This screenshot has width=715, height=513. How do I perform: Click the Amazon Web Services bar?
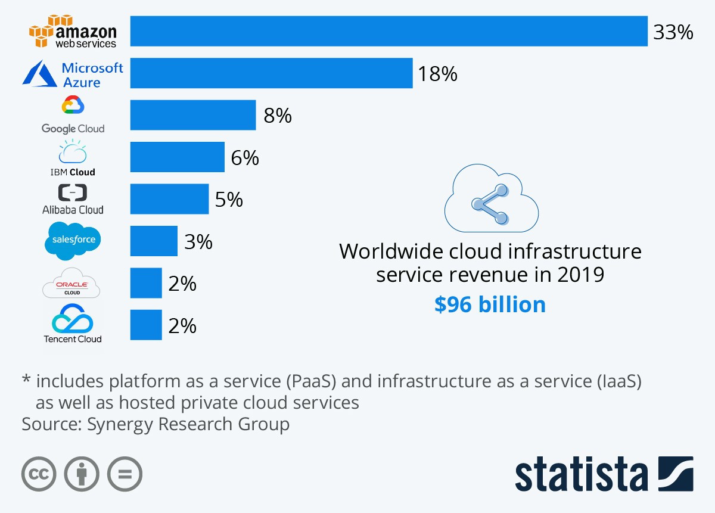coord(388,31)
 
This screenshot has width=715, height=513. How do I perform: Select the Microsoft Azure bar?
coord(271,73)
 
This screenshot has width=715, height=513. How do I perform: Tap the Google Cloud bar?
coord(193,115)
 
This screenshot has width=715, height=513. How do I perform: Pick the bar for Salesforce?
coord(154,241)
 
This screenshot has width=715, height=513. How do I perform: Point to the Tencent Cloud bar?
coord(146,325)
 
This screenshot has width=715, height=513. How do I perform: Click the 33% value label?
coord(673,32)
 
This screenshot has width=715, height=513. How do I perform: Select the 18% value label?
coord(437,74)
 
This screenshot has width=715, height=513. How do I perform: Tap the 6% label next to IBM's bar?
coord(245,158)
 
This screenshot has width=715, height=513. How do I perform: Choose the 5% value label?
coord(229,200)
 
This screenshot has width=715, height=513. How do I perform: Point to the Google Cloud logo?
coord(73,115)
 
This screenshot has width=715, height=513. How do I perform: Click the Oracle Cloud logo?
coord(71,284)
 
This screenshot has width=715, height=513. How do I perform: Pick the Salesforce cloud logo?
coord(73,240)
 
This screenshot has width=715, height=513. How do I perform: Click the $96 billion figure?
coord(490,304)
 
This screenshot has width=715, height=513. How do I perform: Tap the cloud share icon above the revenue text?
coord(491,203)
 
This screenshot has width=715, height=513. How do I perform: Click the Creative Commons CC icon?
coord(39,475)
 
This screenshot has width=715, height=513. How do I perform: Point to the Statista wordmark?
coord(581,475)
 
